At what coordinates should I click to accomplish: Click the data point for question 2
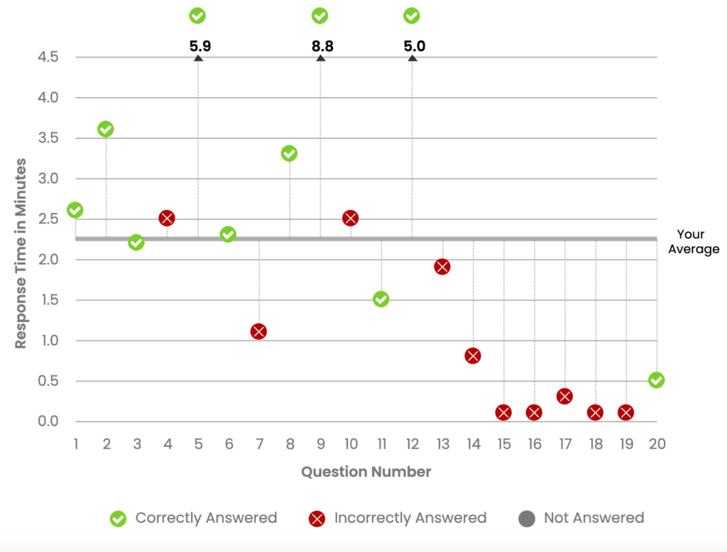pos(106,129)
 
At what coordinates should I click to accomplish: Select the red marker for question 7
pos(258,331)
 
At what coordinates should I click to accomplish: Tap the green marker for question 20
pos(657,380)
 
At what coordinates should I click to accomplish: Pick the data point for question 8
pos(289,153)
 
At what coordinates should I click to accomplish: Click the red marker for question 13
pos(442,267)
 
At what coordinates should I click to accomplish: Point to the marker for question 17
pos(564,397)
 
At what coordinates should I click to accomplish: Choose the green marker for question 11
pos(381,299)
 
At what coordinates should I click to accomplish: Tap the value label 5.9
pos(199,47)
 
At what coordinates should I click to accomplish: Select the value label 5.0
pos(414,47)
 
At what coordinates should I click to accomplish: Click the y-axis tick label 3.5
pos(48,138)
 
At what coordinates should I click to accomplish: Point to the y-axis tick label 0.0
pos(48,422)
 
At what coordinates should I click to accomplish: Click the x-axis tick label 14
pos(473,444)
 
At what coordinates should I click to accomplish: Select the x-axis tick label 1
pos(75,444)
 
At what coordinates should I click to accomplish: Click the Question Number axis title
pos(366,472)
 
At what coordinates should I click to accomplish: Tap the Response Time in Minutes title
pos(21,253)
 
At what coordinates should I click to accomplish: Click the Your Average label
pos(693,241)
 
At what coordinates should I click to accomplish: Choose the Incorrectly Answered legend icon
pos(317,519)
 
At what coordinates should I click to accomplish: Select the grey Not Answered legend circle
pos(527,519)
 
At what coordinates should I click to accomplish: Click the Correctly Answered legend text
pos(206,518)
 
